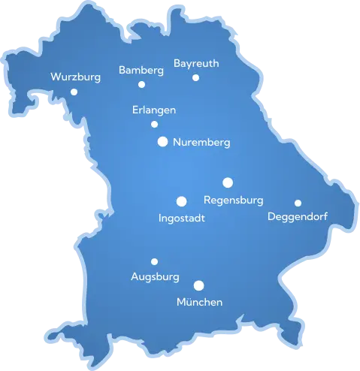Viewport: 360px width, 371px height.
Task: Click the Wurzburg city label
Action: point(74,77)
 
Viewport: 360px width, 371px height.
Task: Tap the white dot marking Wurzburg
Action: point(74,92)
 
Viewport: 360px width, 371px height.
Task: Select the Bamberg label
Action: point(141,71)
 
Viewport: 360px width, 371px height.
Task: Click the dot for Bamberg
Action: point(141,84)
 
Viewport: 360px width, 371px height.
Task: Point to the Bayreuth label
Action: point(196,64)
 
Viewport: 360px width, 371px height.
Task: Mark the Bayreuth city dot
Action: point(195,77)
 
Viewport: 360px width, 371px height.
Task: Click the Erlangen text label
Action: point(154,110)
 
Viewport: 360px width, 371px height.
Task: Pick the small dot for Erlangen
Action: point(154,124)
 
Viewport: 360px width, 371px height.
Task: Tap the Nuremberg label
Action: point(201,142)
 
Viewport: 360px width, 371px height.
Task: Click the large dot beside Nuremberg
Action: point(162,140)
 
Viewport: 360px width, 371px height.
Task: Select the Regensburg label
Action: point(234,201)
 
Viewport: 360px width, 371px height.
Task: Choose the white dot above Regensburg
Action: point(228,182)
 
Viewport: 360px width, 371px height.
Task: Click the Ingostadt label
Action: point(183,219)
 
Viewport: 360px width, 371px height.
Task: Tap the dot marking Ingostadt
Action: point(181,201)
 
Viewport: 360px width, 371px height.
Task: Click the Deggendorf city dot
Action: point(298,203)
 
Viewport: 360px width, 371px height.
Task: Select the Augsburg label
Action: point(155,277)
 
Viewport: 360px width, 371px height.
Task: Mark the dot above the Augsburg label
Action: point(154,261)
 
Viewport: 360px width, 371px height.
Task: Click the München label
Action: point(199,302)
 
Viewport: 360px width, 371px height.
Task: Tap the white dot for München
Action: point(199,285)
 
